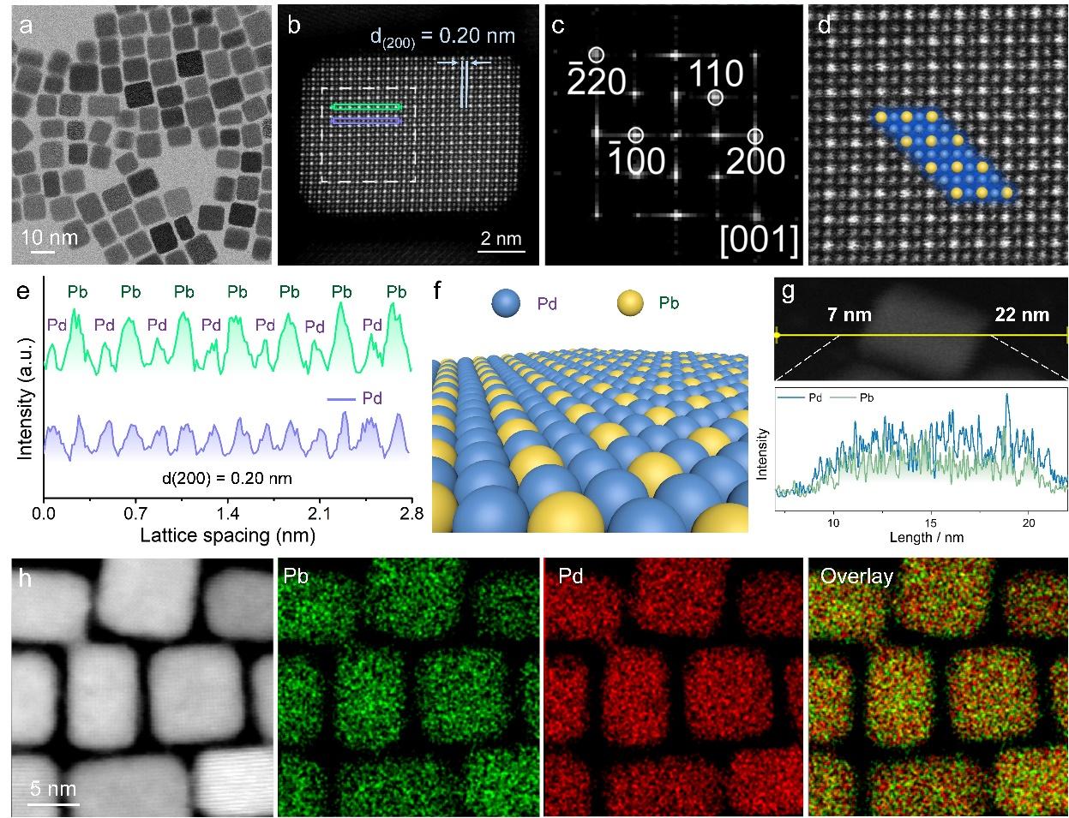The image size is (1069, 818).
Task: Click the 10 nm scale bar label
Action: point(50,237)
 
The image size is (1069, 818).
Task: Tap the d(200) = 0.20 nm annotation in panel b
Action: point(442,35)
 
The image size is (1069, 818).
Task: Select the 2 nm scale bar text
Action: point(499,238)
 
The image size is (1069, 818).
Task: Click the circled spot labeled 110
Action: point(716,98)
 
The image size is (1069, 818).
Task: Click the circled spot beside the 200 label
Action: point(754,136)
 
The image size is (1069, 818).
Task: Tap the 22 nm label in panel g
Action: point(1022,315)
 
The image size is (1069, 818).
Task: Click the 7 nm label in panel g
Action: point(849,315)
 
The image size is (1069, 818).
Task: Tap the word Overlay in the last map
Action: point(856,577)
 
